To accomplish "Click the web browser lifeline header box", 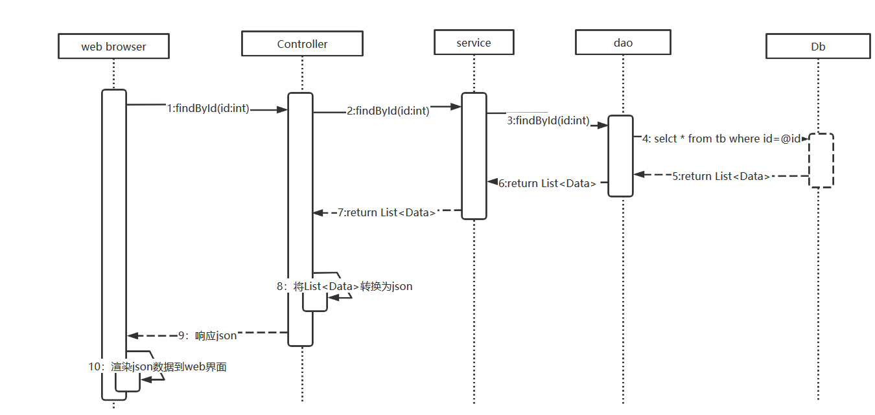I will point(113,47).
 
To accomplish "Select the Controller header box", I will point(302,44).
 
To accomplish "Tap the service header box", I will point(474,43).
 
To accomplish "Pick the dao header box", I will point(623,43).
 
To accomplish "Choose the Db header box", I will point(818,47).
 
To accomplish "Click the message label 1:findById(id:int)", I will point(207,109).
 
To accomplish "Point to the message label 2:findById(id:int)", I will point(388,111).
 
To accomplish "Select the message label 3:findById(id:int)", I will point(548,120).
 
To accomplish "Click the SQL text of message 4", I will point(721,139).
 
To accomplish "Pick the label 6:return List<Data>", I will point(547,183).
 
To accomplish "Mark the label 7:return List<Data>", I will point(386,212).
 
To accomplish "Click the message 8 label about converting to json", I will point(344,286).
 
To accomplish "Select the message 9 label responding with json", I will point(207,335).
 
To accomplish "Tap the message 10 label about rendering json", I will point(157,366).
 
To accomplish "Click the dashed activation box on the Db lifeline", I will point(821,161).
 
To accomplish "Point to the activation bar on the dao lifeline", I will point(620,155).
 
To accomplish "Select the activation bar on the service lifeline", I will point(474,155).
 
